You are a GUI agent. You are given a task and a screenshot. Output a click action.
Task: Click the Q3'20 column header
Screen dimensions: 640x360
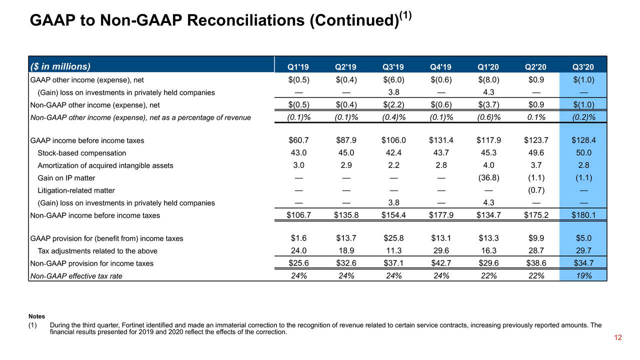click(x=583, y=67)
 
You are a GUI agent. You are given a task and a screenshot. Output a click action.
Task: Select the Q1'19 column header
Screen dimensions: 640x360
click(x=298, y=67)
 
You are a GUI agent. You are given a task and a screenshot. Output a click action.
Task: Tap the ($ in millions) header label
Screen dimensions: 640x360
click(x=60, y=66)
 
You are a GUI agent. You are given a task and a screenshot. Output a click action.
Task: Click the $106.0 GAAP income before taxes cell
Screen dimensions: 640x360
click(x=393, y=140)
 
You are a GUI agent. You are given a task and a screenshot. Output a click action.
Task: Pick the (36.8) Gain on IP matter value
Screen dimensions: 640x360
click(x=488, y=178)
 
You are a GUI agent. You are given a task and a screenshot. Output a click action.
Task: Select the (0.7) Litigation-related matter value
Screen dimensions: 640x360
click(x=536, y=190)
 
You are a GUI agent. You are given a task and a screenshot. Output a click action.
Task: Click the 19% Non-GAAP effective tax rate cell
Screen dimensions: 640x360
click(x=583, y=275)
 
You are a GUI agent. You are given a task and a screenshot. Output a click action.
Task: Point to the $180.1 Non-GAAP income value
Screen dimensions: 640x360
click(x=583, y=215)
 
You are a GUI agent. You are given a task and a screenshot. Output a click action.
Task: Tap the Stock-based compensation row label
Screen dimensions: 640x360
click(x=81, y=153)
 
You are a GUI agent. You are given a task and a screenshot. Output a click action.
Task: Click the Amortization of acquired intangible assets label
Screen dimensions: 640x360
click(x=105, y=165)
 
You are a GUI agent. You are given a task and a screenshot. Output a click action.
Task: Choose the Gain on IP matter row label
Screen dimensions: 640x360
click(x=66, y=178)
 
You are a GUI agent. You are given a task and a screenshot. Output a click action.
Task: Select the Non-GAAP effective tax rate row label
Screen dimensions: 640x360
click(x=76, y=276)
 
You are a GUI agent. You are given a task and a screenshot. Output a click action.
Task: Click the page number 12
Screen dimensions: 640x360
click(x=617, y=337)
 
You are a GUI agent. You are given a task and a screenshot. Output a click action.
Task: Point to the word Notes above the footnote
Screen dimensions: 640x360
click(x=36, y=316)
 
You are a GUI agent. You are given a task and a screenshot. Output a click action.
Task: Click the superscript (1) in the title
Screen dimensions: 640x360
click(x=405, y=15)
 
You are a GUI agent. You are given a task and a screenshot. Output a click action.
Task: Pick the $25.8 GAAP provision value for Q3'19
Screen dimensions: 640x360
click(x=393, y=238)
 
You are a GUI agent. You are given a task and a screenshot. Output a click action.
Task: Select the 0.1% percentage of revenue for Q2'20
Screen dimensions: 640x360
click(x=536, y=117)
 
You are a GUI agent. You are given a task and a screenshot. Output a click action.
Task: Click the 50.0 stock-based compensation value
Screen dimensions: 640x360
click(x=583, y=153)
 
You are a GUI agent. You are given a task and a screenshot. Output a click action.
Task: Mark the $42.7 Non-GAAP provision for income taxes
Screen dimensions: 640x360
click(x=441, y=263)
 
